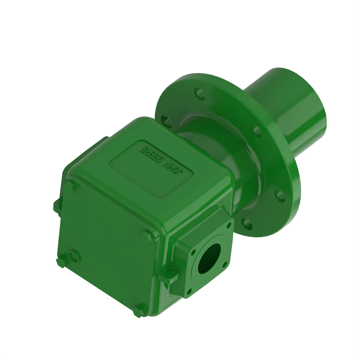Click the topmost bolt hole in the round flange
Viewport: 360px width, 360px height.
coord(199,93)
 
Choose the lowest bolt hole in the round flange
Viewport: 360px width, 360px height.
coord(246,223)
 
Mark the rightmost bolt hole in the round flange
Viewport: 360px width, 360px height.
coord(280,195)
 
